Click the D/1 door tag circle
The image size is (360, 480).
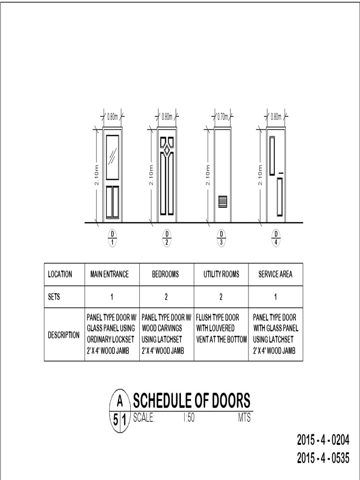tap(112, 238)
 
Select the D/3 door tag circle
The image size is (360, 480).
tap(221, 238)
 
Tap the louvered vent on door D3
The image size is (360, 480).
tap(223, 202)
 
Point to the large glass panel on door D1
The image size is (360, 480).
tap(112, 157)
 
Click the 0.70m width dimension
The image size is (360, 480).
tap(222, 116)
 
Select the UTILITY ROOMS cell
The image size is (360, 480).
tap(221, 274)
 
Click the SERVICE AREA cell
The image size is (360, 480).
tap(275, 274)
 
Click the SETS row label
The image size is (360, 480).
tap(54, 297)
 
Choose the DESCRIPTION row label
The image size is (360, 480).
tap(64, 335)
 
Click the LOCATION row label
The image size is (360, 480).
tap(60, 274)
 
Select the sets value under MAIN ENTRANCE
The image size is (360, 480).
tap(112, 297)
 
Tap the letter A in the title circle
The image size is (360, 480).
tap(120, 401)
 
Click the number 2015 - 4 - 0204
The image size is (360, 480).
tap(323, 441)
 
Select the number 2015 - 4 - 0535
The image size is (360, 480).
tap(323, 458)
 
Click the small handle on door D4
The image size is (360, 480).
tap(280, 174)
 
